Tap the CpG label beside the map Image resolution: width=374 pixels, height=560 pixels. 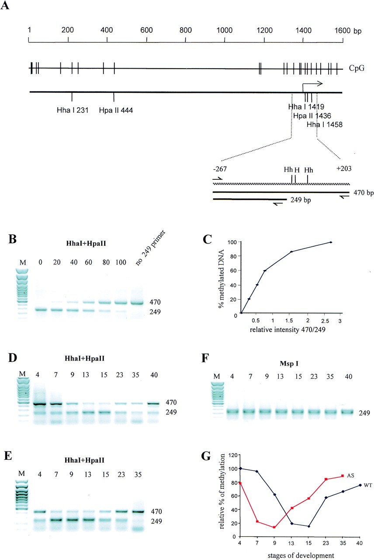click(356, 68)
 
